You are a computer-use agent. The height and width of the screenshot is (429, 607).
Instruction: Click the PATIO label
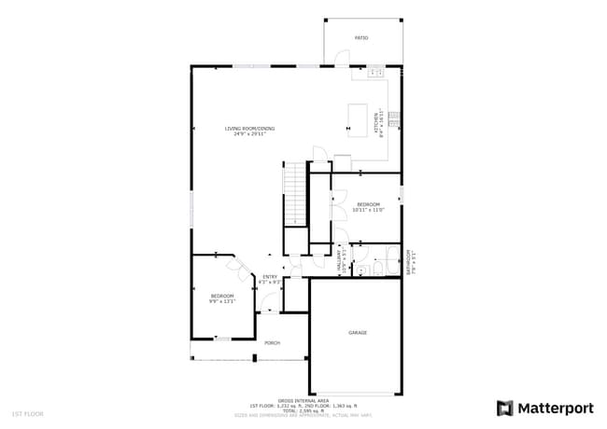tap(361, 38)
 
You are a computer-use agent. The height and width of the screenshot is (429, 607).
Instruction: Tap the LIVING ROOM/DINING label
tap(249, 128)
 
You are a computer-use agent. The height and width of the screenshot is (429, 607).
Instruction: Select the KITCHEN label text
tap(376, 122)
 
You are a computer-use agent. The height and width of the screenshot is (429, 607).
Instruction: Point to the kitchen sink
tap(374, 72)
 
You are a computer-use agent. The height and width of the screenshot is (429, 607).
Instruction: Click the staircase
tap(295, 193)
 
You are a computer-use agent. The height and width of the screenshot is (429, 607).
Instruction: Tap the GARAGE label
tap(358, 332)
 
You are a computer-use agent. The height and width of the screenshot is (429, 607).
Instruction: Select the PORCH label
tap(272, 342)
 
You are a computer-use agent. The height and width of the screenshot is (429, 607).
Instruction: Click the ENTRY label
tap(270, 276)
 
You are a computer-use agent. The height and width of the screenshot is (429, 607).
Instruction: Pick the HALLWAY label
tap(339, 261)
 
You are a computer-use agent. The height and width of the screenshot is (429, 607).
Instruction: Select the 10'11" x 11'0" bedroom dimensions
tap(368, 210)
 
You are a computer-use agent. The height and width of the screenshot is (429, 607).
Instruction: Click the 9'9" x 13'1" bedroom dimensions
tap(222, 301)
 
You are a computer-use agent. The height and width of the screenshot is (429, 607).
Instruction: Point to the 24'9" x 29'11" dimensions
tap(249, 134)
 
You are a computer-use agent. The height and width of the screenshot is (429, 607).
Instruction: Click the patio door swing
tap(342, 57)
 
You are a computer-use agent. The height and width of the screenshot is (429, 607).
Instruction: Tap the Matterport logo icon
tap(505, 408)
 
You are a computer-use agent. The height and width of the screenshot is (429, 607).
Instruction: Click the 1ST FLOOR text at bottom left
tap(28, 412)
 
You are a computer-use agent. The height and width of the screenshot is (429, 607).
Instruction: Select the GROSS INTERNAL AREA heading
tap(303, 400)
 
